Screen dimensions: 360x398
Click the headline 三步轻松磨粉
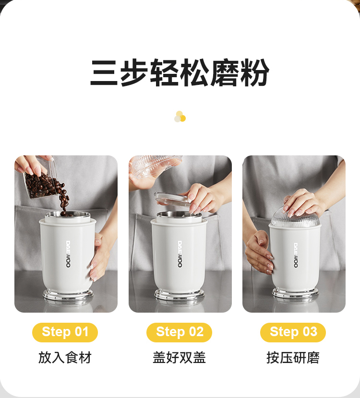180,73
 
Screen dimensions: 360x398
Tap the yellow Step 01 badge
65,332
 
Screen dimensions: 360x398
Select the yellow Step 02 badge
179,332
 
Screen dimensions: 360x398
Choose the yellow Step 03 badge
293,332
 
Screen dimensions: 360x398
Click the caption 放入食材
65,358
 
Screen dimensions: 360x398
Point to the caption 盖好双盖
179,358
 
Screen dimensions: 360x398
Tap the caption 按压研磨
293,358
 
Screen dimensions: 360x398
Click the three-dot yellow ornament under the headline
180,117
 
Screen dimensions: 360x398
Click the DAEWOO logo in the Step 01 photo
68,254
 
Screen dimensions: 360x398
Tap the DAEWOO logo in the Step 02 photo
180,254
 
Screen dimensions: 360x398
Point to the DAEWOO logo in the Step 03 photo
296,255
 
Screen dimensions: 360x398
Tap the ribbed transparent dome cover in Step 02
155,164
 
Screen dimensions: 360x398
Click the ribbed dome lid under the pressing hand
295,218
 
